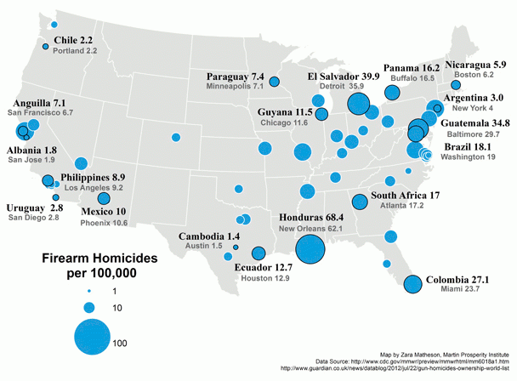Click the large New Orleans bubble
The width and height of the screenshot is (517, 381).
click(310, 250)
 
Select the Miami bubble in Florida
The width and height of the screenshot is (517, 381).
click(413, 285)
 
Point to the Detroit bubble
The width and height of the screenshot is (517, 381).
click(358, 105)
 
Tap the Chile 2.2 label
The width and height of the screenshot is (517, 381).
click(73, 40)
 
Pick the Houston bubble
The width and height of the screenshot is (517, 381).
click(258, 253)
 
